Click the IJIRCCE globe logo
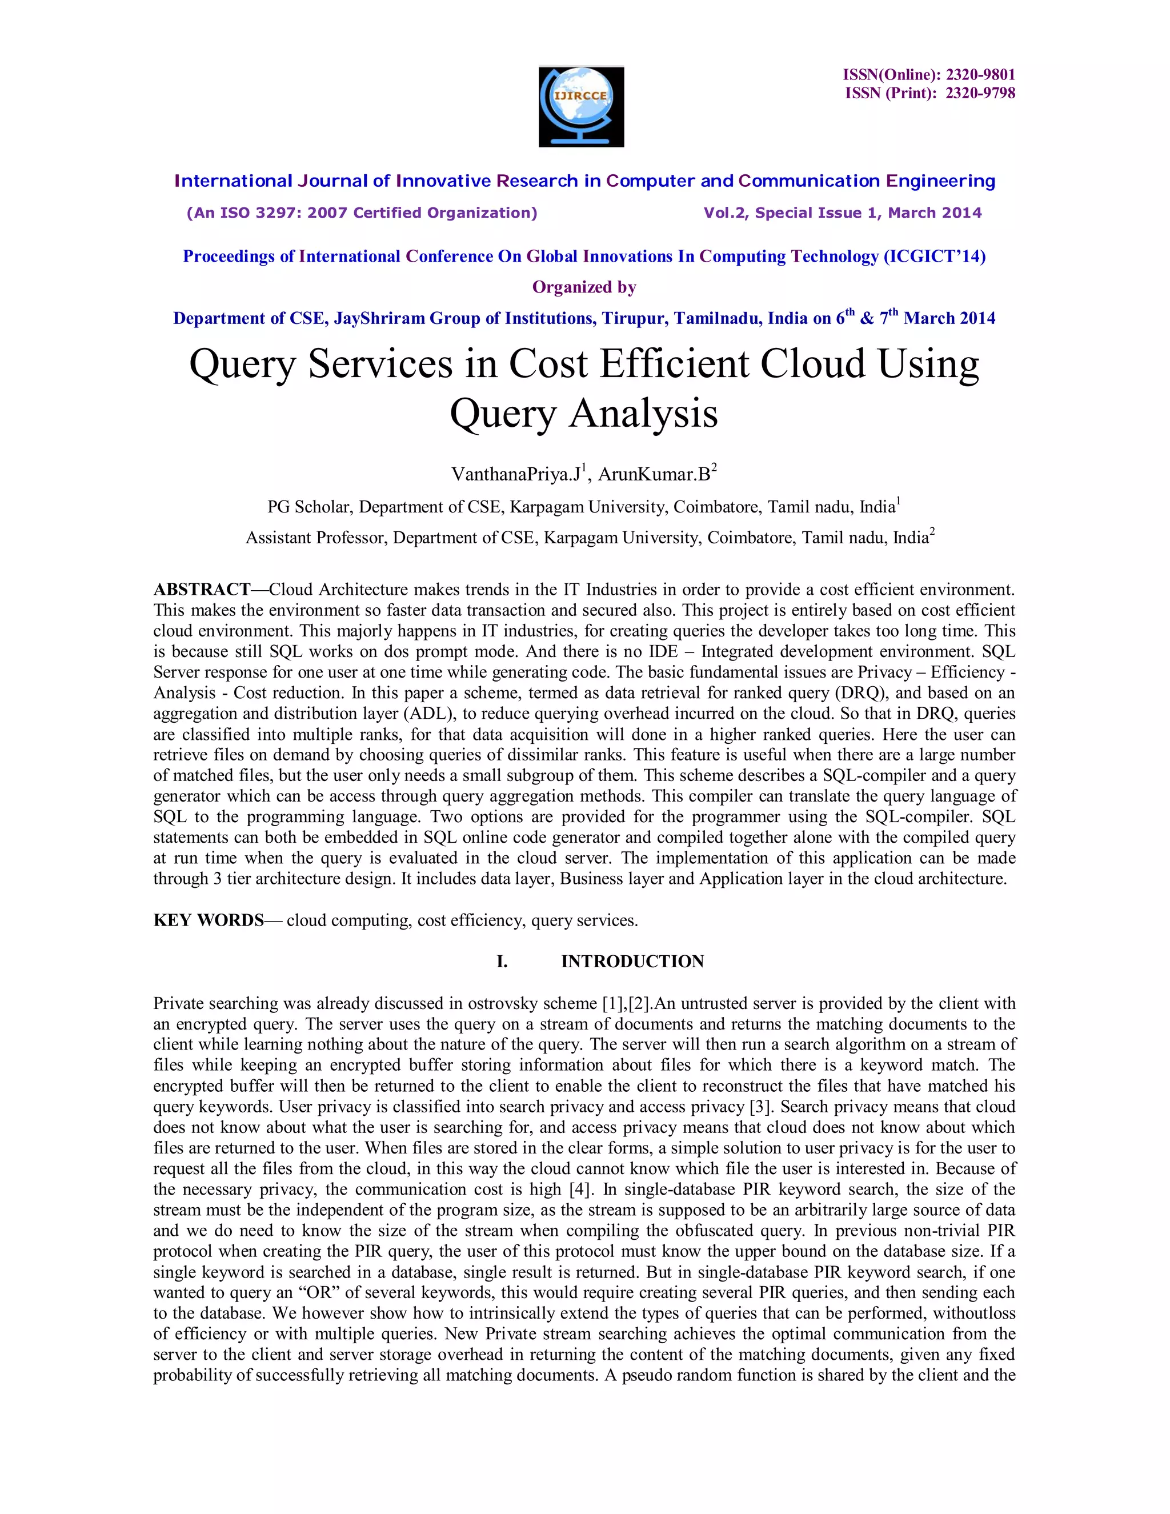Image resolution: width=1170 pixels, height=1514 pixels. coord(581,106)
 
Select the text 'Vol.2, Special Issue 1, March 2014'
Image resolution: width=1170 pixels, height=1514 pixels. coord(842,213)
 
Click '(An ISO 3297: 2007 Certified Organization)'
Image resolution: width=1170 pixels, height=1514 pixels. coord(362,213)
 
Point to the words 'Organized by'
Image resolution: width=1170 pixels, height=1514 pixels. coord(584,287)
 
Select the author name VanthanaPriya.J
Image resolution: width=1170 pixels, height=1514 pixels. coord(515,474)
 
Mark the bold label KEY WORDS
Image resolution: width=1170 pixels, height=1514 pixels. coord(209,920)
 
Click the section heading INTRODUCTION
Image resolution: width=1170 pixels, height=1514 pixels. coord(632,962)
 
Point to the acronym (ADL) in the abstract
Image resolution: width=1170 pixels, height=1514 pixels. coord(432,714)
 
